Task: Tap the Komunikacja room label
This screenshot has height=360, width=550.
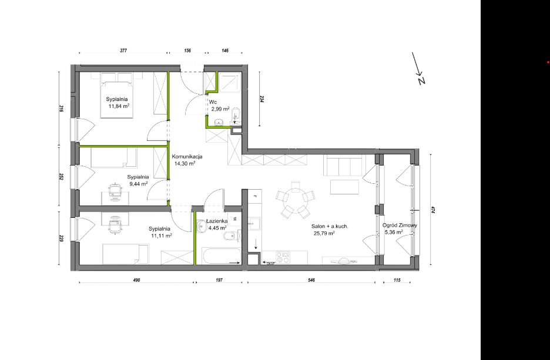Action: (x=186, y=157)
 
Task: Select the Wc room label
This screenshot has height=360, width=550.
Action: (x=213, y=102)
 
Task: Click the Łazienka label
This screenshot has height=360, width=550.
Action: (x=217, y=221)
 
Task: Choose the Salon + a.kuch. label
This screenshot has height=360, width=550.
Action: (x=330, y=227)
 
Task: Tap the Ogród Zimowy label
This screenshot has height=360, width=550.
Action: (x=400, y=226)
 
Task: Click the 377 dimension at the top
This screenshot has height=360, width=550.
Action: (x=123, y=51)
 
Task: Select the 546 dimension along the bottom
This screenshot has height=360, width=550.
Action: (x=311, y=280)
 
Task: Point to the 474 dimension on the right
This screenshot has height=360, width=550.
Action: (x=434, y=210)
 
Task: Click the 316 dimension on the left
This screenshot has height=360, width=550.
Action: (x=61, y=109)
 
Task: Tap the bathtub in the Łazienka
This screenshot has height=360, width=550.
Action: (x=222, y=256)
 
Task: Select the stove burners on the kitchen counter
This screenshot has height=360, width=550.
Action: (x=283, y=257)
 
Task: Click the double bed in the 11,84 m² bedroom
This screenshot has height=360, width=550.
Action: (x=117, y=95)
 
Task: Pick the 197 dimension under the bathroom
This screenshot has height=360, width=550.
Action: (x=219, y=280)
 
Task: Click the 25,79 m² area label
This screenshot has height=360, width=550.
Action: (x=323, y=233)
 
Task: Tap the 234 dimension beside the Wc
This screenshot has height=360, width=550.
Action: (x=262, y=99)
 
